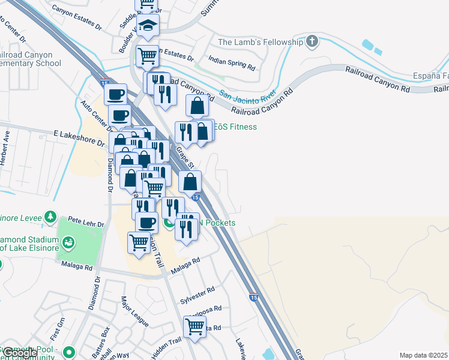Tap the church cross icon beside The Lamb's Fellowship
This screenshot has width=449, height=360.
point(312,41)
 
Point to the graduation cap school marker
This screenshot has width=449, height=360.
point(148,26)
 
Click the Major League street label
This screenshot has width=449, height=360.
point(134,311)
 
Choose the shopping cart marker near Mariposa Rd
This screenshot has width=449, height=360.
point(195,327)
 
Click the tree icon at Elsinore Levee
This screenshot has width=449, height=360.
point(52,216)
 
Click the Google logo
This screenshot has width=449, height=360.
point(19,353)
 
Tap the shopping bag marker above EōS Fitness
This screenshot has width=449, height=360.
point(197,106)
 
